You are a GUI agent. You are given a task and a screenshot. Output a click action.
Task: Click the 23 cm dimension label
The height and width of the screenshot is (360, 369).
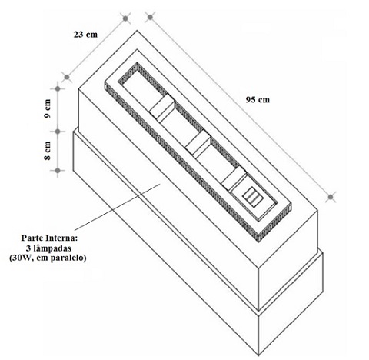(85, 35)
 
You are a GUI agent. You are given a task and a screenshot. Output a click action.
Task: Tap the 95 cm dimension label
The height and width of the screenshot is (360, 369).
(258, 99)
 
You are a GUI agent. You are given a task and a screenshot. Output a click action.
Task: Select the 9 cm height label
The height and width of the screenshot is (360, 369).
(48, 108)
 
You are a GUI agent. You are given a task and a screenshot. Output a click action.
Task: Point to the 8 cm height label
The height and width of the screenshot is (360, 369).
(48, 151)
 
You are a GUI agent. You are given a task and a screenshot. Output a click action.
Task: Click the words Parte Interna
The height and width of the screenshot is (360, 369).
(49, 238)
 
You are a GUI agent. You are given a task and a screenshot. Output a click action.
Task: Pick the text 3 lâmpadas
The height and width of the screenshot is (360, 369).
(48, 248)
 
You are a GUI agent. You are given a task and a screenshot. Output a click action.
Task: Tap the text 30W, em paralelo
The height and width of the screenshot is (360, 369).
(48, 258)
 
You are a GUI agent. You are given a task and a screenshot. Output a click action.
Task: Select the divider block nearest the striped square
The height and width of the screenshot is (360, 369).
(234, 178)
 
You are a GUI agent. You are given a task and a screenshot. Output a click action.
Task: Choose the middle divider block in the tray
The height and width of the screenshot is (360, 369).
(198, 142)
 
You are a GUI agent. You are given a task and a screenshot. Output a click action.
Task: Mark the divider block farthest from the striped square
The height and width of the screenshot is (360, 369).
(162, 106)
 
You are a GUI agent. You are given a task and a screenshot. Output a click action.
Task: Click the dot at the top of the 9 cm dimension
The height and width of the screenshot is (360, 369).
(58, 88)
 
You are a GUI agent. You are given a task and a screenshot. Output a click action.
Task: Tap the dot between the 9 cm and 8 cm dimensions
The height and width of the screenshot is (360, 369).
(58, 132)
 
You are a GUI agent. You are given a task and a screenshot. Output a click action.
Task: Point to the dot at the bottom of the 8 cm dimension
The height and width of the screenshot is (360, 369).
(58, 171)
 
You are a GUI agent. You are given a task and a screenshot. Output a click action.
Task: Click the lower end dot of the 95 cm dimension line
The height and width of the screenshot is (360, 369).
(331, 197)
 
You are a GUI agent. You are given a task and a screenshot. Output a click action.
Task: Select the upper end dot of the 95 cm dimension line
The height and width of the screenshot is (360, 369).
(150, 18)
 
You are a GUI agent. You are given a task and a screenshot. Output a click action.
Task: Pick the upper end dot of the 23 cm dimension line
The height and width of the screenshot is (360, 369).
(125, 18)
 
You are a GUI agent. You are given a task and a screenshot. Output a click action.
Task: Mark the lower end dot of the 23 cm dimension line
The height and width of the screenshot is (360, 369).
(67, 77)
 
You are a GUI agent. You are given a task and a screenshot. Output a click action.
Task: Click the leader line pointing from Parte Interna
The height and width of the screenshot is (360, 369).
(118, 206)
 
